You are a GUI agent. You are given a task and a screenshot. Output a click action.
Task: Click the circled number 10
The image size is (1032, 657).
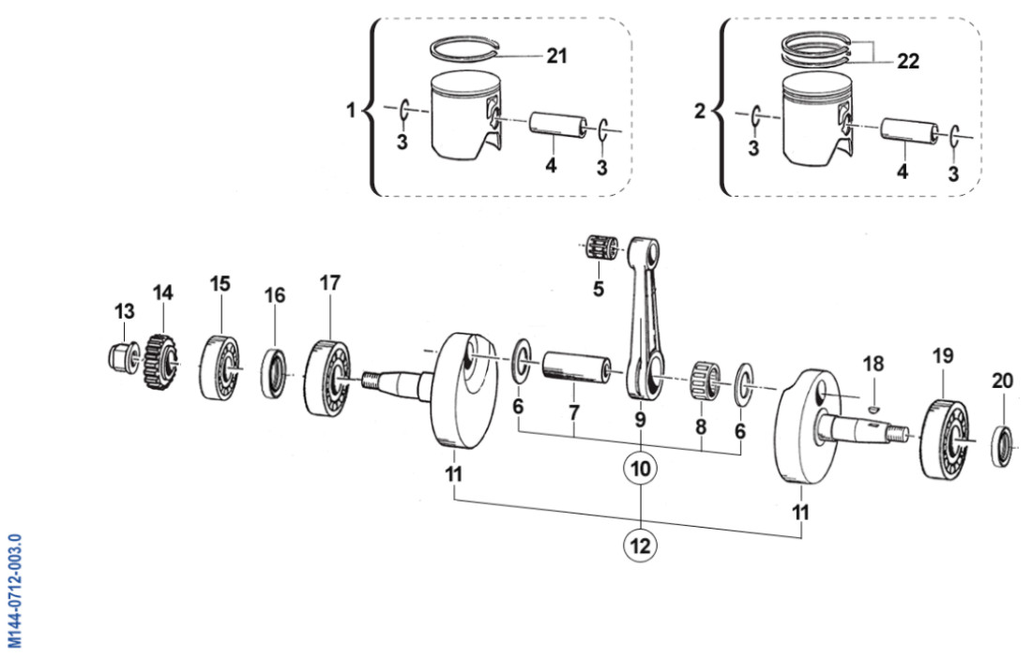pos(640,468)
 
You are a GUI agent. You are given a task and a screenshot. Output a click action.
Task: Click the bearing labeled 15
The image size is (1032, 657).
pos(220,366)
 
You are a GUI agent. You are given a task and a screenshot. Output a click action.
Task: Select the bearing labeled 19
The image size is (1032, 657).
pos(946,437)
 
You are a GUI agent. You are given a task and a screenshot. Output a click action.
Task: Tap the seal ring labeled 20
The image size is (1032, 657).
pos(1003,447)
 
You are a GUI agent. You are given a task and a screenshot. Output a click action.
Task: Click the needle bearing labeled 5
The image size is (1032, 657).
pos(598,248)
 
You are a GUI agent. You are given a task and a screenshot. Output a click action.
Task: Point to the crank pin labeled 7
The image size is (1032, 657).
pos(575,367)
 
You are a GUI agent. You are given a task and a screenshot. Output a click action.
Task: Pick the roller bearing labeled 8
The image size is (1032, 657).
pos(706,379)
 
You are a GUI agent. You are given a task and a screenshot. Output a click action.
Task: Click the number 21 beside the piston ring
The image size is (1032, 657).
pos(557,55)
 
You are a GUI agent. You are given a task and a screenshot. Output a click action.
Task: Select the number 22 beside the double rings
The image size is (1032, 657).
pos(907,62)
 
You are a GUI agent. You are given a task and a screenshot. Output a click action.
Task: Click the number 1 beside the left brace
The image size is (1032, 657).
pos(352,111)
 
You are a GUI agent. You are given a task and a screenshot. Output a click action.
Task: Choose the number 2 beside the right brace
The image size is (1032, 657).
pos(699,111)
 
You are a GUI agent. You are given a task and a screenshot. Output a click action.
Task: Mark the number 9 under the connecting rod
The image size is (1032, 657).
pos(639,420)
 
